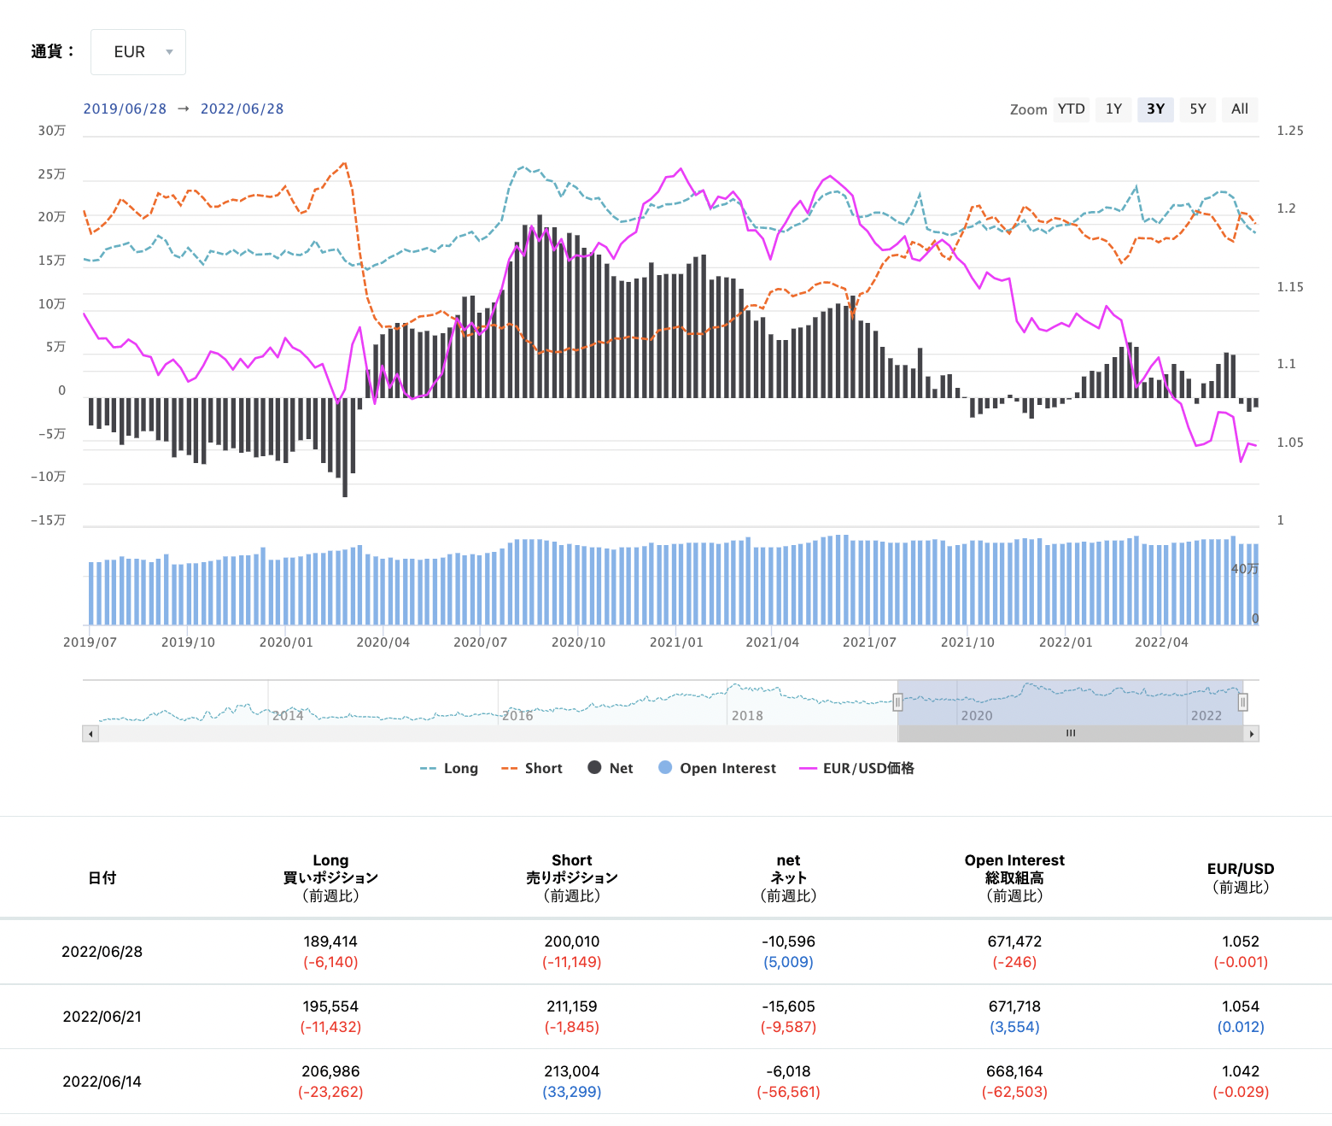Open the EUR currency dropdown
tap(137, 52)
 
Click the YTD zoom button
tap(1071, 109)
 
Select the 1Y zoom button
tap(1113, 109)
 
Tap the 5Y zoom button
tap(1197, 109)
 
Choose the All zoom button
tap(1240, 109)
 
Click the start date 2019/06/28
tap(125, 109)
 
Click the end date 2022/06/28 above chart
tap(242, 109)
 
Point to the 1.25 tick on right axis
tap(1290, 131)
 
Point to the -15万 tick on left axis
tap(48, 520)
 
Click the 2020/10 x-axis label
tap(578, 642)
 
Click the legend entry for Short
tap(532, 769)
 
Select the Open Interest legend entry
tap(717, 769)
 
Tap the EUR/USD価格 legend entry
tap(856, 769)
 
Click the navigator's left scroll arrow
tap(91, 734)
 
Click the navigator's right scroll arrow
tap(1252, 734)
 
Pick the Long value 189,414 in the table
tap(330, 941)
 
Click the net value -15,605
tap(788, 1006)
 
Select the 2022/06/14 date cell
tap(102, 1082)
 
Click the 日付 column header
tap(102, 878)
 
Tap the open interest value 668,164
tap(1014, 1071)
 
